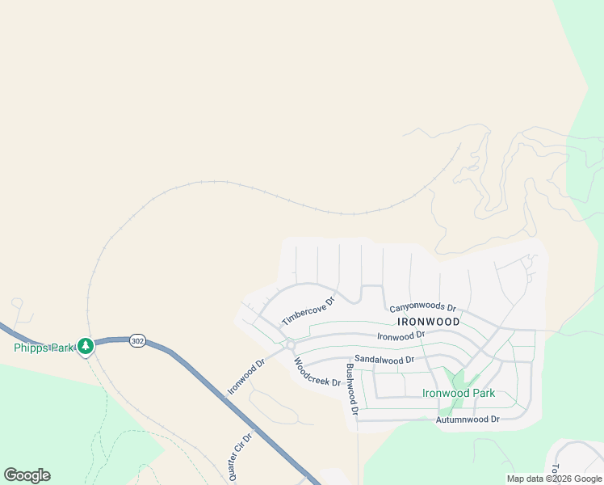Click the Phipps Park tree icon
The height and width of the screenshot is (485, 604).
[x=85, y=347]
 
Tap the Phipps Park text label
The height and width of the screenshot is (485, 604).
[x=44, y=348]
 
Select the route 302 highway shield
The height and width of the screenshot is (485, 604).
[x=137, y=341]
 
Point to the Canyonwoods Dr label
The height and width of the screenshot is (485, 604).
[x=422, y=308]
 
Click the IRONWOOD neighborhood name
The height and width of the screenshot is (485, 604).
[x=429, y=321]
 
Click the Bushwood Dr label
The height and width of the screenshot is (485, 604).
[x=351, y=389]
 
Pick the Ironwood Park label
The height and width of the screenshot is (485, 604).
[x=459, y=394]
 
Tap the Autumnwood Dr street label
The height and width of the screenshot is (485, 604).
[x=468, y=420]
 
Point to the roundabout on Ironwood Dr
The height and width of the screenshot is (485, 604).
[x=290, y=345]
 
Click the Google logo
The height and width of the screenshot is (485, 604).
[x=27, y=475]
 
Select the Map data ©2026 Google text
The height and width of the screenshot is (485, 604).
[x=554, y=479]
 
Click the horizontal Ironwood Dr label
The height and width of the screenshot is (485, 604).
[x=401, y=335]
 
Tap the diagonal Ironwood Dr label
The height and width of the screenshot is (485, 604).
[x=246, y=377]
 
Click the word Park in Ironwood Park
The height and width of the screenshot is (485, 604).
[x=481, y=394]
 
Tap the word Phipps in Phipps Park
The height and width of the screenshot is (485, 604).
[x=31, y=348]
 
